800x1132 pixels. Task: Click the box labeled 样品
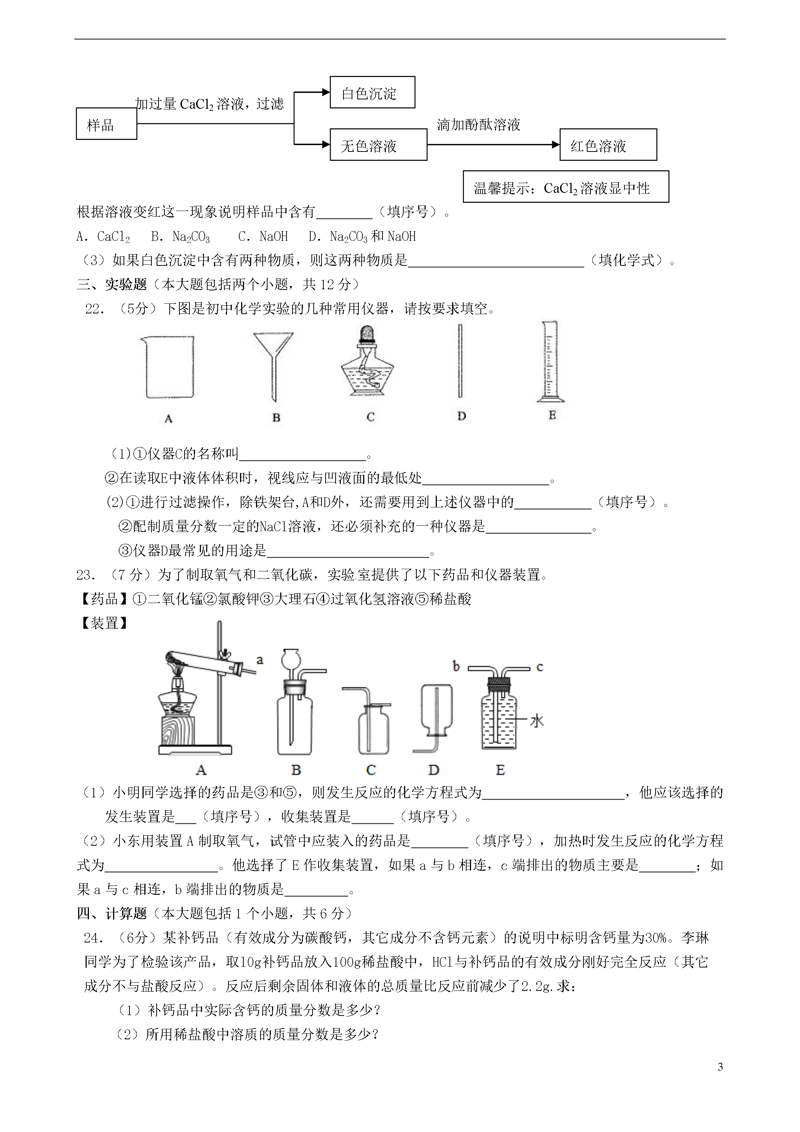click(x=106, y=124)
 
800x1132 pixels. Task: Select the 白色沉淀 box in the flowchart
click(x=372, y=92)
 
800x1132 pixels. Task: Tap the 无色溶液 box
click(x=378, y=145)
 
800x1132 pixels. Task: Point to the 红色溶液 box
click(x=608, y=145)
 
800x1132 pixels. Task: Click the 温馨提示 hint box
click(x=565, y=187)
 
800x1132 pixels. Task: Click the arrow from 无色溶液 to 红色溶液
click(x=493, y=144)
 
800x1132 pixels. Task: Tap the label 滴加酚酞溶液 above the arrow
click(x=478, y=125)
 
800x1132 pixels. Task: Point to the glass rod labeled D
click(x=460, y=360)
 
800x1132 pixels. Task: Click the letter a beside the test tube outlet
click(x=260, y=660)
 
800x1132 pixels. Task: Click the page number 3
click(x=720, y=1066)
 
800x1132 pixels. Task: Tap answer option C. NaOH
click(x=263, y=237)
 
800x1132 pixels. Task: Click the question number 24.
click(x=93, y=938)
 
